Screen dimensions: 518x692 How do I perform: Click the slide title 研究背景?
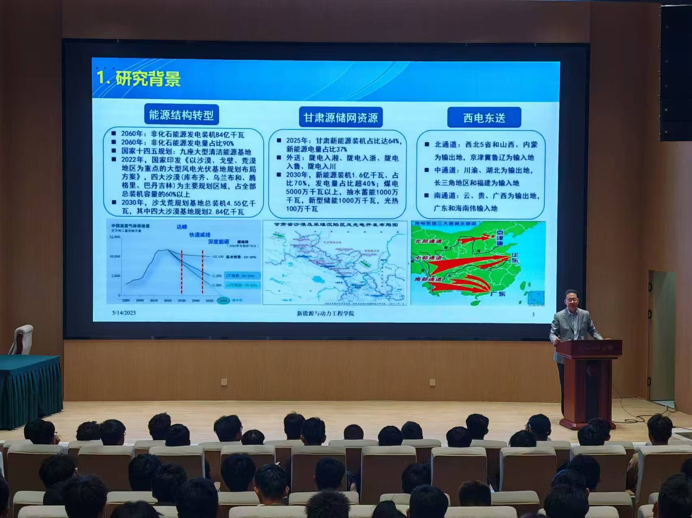point(148,79)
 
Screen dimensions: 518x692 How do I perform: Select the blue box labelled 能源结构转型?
point(181,115)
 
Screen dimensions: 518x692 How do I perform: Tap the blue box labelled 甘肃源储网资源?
point(341,118)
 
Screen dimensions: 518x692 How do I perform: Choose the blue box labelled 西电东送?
point(484,118)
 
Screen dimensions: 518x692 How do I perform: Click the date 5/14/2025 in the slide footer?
point(124,313)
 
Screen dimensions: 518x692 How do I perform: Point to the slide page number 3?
point(533,314)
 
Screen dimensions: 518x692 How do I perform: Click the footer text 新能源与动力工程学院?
point(325,313)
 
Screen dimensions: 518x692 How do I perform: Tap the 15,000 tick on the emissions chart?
point(115,237)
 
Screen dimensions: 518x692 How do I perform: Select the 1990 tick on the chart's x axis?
point(125,301)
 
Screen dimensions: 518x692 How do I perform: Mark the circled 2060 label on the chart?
point(224,301)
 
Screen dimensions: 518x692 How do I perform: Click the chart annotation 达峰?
point(182,227)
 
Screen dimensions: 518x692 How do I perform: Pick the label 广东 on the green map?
point(498,294)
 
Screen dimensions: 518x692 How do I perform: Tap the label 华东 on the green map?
point(515,258)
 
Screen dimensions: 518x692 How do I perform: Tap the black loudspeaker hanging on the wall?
point(676,73)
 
